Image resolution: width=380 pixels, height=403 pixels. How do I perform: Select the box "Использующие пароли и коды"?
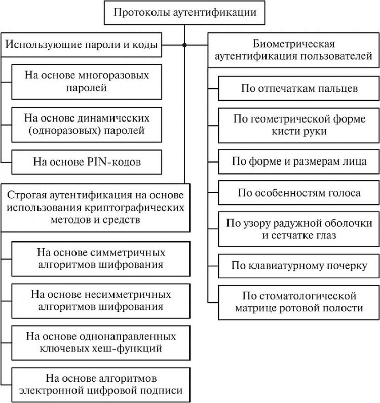81,45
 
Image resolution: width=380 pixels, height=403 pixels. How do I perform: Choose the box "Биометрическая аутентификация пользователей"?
294,50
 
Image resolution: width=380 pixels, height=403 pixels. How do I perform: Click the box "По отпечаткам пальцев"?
296,89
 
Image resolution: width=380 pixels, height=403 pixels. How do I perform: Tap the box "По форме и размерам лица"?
296,162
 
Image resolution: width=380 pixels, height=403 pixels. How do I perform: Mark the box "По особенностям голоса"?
296,193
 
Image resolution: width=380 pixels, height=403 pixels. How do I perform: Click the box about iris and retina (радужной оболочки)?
296,229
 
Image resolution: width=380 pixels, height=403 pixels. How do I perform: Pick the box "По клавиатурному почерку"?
296,265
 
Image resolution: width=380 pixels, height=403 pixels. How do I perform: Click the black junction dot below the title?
185,45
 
